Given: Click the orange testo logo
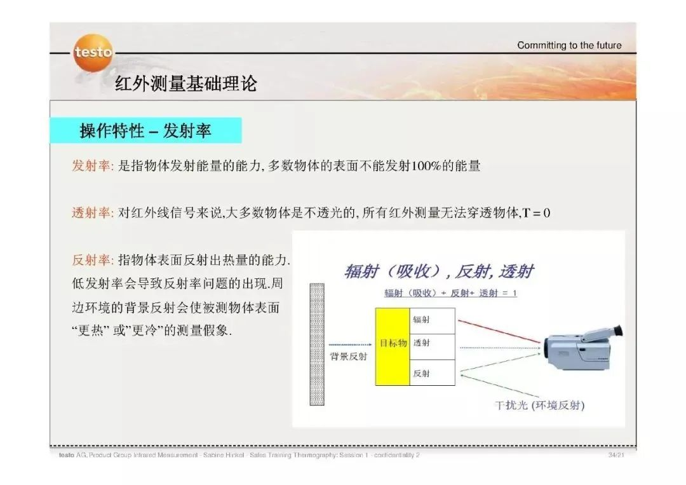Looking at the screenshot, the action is [x=93, y=53].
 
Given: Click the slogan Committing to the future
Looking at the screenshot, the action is [x=569, y=45].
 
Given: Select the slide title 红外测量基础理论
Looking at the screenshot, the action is [x=186, y=83].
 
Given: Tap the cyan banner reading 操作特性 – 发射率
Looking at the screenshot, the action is [x=145, y=130].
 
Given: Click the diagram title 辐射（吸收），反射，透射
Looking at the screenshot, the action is [x=439, y=271].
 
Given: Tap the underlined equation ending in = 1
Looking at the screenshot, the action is [x=450, y=293].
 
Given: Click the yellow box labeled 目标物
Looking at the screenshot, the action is [x=393, y=346].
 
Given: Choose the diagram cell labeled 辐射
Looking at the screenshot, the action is [x=433, y=321].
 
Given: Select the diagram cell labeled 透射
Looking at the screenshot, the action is [x=433, y=346].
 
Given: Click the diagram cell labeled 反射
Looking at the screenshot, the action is [x=433, y=372].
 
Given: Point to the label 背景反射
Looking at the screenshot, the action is [x=349, y=357].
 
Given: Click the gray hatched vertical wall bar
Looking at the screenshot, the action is [x=317, y=345].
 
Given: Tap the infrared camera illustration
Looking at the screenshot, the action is [x=582, y=348].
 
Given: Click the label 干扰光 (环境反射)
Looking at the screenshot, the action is [x=540, y=406].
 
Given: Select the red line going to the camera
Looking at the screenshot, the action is [x=499, y=331].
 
